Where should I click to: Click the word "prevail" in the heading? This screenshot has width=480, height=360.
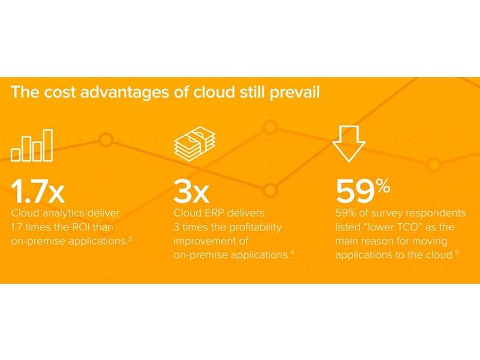tap(295, 93)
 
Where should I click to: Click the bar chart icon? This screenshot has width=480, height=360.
tap(32, 145)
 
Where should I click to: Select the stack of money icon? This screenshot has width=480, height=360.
tap(194, 143)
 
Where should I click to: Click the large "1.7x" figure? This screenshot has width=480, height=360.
tap(38, 191)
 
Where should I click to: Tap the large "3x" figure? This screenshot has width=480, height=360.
tap(191, 191)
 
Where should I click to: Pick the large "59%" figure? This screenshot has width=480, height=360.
tap(363, 191)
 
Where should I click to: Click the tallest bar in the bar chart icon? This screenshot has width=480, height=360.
tap(48, 145)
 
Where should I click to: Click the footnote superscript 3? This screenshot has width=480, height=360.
tap(130, 238)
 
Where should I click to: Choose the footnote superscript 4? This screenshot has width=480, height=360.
tap(292, 252)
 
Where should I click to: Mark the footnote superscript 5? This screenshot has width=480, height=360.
tap(457, 252)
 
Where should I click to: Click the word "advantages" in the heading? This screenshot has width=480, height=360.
tap(124, 92)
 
